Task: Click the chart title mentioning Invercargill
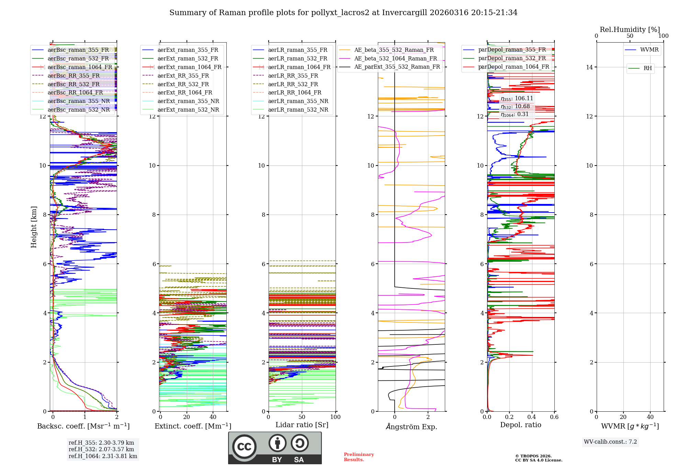pyautogui.click(x=343, y=13)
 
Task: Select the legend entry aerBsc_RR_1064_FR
pyautogui.click(x=75, y=93)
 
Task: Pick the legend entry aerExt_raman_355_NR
pyautogui.click(x=188, y=101)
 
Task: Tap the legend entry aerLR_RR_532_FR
pyautogui.click(x=293, y=84)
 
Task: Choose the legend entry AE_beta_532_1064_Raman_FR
pyautogui.click(x=395, y=58)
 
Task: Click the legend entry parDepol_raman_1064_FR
pyautogui.click(x=514, y=67)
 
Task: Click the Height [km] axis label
pyautogui.click(x=34, y=227)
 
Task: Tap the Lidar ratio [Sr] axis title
pyautogui.click(x=302, y=425)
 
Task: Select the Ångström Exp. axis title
pyautogui.click(x=412, y=426)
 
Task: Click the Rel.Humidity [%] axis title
pyautogui.click(x=630, y=30)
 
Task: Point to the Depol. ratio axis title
pyautogui.click(x=520, y=425)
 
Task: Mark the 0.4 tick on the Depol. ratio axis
pyautogui.click(x=532, y=417)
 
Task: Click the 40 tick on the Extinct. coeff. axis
pyautogui.click(x=213, y=417)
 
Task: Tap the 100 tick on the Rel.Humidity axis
pyautogui.click(x=663, y=36)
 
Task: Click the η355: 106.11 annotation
pyautogui.click(x=517, y=99)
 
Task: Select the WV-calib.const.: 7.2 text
pyautogui.click(x=610, y=442)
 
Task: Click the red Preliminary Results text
pyautogui.click(x=359, y=457)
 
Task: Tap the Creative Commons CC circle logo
pyautogui.click(x=244, y=446)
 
